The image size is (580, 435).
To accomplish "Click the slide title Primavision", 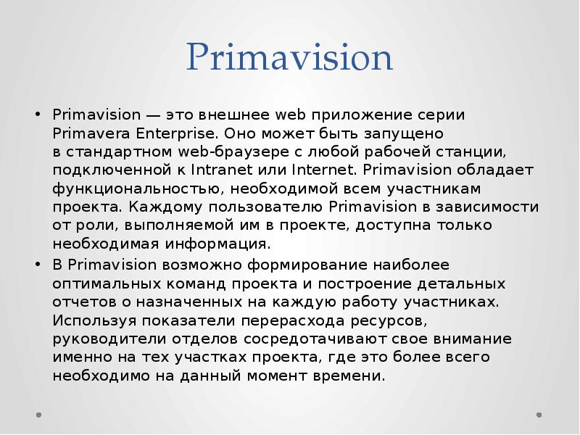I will pyautogui.click(x=289, y=59).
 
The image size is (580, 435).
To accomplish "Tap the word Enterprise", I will pyautogui.click(x=178, y=134).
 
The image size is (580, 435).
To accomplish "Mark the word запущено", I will pyautogui.click(x=397, y=134).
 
